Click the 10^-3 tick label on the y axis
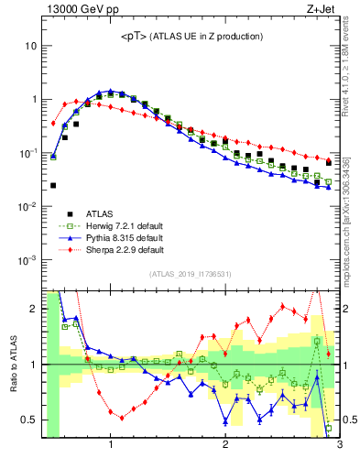[27, 260]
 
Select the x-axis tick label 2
[225, 445]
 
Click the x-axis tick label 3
[338, 445]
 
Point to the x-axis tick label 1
[111, 445]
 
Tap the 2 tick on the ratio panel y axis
[33, 309]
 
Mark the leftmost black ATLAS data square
[53, 185]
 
